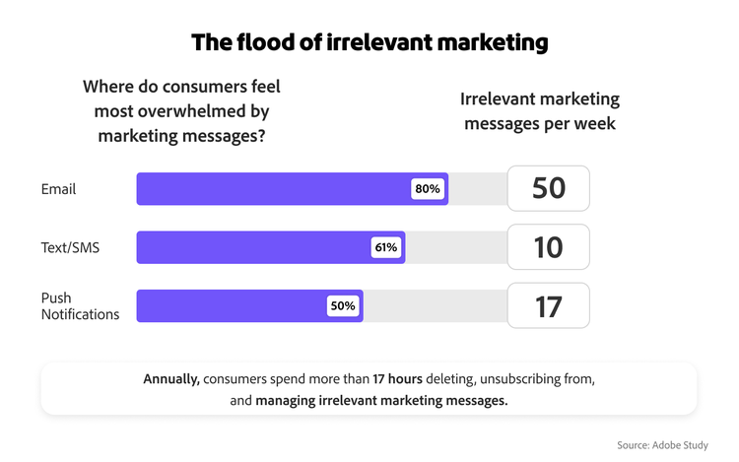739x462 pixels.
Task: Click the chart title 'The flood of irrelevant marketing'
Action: [369, 42]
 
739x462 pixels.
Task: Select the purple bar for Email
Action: [276, 188]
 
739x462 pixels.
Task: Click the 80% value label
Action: [429, 188]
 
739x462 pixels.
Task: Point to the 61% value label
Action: [386, 247]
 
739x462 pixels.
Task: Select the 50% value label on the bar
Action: [343, 306]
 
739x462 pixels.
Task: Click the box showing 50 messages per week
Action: [548, 188]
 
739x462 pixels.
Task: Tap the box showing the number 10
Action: [548, 247]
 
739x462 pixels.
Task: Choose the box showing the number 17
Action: [548, 306]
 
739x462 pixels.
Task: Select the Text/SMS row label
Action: [70, 247]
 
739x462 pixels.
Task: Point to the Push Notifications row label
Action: [80, 306]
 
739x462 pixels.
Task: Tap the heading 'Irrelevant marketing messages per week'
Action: [540, 111]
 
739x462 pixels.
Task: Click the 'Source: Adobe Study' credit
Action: [662, 445]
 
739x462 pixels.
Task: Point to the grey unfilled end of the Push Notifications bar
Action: [434, 306]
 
